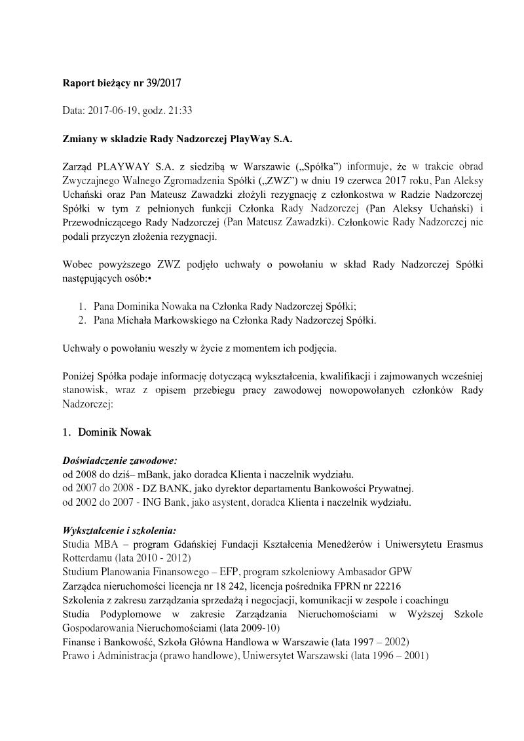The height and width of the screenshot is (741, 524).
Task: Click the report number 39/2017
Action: (x=161, y=83)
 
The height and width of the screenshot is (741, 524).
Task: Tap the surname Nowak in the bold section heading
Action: (x=135, y=432)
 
